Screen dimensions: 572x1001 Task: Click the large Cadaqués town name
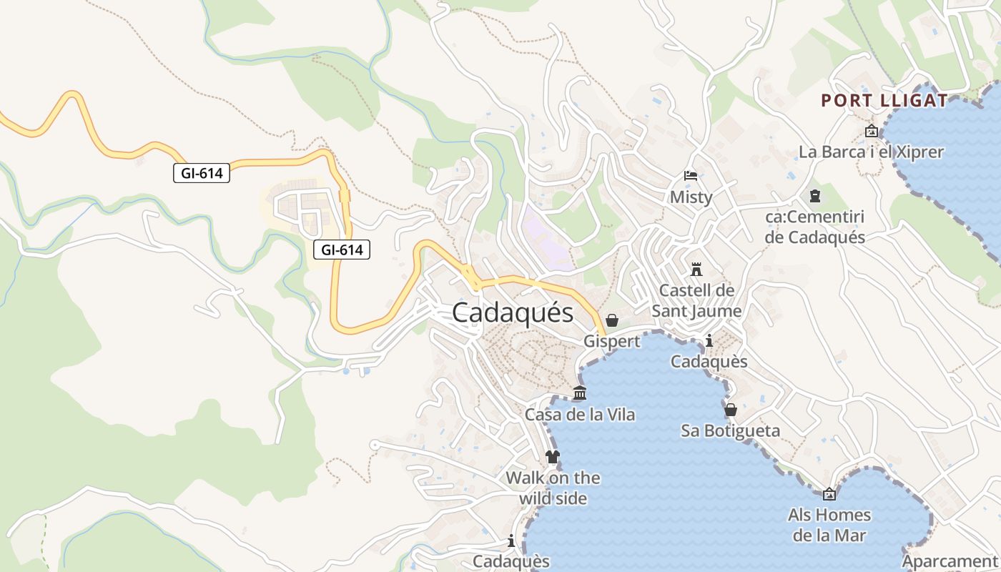pos(513,313)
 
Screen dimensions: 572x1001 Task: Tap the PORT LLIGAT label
pos(884,101)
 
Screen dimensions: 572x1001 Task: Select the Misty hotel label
pos(691,197)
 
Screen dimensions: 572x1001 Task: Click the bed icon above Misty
pos(691,175)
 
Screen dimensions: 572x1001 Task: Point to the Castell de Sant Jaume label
pos(696,301)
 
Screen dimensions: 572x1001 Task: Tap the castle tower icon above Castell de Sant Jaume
pos(696,270)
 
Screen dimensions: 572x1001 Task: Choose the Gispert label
pos(612,341)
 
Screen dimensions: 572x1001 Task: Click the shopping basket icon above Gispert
pos(612,320)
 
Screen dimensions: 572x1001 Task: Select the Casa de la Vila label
pos(580,415)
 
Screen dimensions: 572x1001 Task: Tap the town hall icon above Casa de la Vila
pos(580,393)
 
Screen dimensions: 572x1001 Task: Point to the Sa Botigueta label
pos(730,431)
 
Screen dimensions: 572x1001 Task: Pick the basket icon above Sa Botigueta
pos(730,410)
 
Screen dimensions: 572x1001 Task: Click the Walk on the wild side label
pos(553,488)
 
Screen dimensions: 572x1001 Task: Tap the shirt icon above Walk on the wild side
pos(553,456)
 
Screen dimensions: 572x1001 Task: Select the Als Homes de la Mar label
pos(829,525)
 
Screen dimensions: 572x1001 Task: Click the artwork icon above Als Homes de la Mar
pos(829,494)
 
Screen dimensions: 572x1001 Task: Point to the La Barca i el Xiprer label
pos(871,152)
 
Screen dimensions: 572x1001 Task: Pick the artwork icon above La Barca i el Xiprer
pos(871,131)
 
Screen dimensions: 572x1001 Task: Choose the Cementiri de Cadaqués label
pos(815,227)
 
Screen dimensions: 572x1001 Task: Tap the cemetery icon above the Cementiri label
pos(815,196)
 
